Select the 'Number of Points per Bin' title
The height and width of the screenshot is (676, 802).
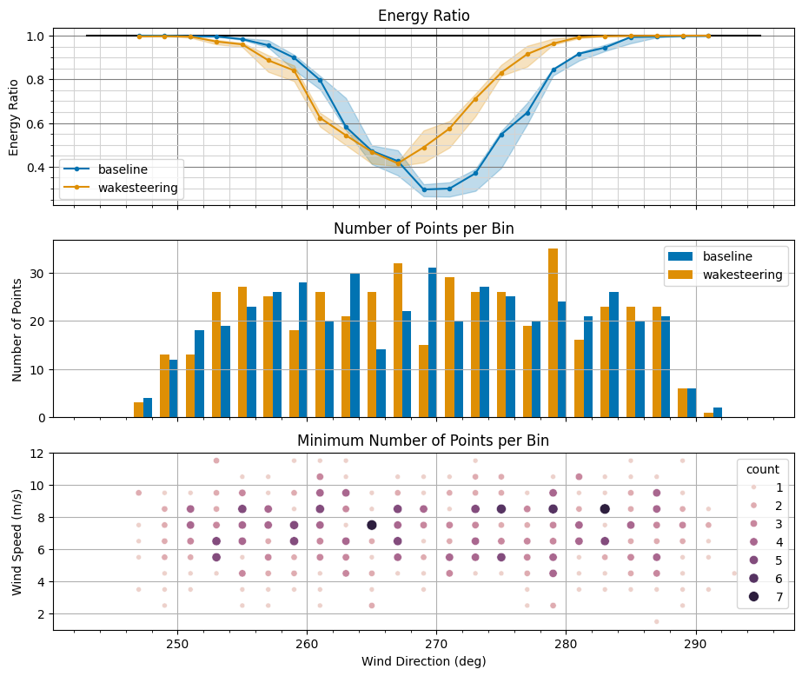pyautogui.click(x=423, y=229)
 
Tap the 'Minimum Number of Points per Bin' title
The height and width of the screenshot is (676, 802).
pyautogui.click(x=423, y=441)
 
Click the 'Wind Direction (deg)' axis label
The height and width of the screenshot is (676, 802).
pyautogui.click(x=423, y=661)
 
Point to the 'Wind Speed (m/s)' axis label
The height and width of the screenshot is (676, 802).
pyautogui.click(x=17, y=539)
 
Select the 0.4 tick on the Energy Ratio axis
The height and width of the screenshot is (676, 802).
pyautogui.click(x=34, y=167)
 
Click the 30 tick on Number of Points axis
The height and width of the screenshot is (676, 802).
pyautogui.click(x=38, y=273)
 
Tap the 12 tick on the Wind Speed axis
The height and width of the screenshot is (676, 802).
pyautogui.click(x=38, y=453)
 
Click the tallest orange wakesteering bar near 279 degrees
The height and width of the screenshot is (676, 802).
pyautogui.click(x=553, y=332)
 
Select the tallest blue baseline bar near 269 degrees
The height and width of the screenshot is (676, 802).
pyautogui.click(x=432, y=342)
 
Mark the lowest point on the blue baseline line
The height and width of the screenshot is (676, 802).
pyautogui.click(x=424, y=189)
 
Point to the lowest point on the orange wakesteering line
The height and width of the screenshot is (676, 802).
pyautogui.click(x=398, y=163)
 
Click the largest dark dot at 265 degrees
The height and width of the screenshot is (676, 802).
pyautogui.click(x=372, y=525)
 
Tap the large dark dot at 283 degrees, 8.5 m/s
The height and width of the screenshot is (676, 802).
pyautogui.click(x=605, y=509)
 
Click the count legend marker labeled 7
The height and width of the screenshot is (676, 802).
pyautogui.click(x=753, y=596)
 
